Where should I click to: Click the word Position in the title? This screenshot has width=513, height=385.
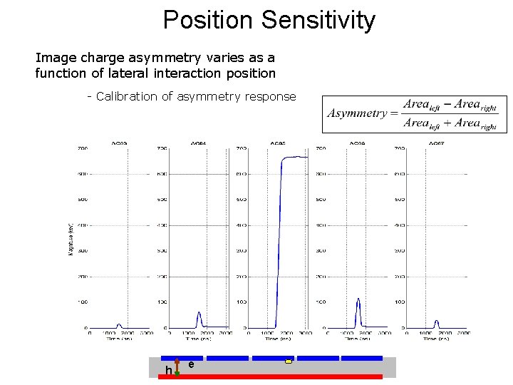click(x=208, y=20)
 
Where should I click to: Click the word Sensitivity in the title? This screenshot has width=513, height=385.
click(x=318, y=20)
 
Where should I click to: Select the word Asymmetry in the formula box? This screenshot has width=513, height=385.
click(x=357, y=114)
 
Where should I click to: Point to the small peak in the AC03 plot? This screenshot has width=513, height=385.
click(x=119, y=324)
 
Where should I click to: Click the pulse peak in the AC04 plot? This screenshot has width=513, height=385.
click(x=199, y=313)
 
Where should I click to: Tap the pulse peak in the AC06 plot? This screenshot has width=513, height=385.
click(x=358, y=300)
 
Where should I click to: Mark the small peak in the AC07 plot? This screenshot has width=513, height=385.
click(x=436, y=322)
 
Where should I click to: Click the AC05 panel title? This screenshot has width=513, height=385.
click(x=277, y=143)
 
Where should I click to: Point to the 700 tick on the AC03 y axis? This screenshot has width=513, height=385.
click(x=83, y=148)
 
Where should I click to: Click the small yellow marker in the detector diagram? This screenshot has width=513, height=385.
click(x=289, y=362)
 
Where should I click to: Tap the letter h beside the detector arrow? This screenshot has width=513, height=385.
click(x=169, y=370)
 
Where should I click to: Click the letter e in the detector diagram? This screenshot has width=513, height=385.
click(x=191, y=364)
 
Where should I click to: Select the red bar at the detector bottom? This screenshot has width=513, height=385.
click(x=271, y=376)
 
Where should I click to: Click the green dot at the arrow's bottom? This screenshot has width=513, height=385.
click(x=177, y=373)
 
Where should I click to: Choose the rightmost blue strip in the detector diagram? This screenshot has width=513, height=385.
click(x=363, y=358)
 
